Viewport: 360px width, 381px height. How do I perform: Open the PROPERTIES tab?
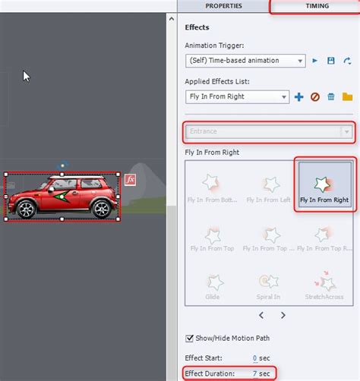(x=223, y=6)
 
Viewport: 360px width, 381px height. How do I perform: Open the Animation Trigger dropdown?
(x=245, y=60)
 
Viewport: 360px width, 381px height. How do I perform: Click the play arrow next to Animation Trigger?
(x=315, y=60)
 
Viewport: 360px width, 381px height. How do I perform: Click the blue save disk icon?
(x=331, y=60)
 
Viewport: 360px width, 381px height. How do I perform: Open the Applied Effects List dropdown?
(x=237, y=96)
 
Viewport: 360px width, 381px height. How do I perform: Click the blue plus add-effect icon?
(x=298, y=96)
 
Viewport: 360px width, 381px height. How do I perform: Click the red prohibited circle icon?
(x=314, y=96)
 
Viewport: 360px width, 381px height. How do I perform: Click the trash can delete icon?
(x=331, y=96)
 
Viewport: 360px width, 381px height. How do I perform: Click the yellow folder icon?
(x=347, y=96)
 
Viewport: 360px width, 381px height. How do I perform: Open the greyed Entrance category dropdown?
(x=270, y=131)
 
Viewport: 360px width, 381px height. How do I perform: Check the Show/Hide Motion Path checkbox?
(x=190, y=338)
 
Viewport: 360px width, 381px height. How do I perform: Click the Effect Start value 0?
(x=255, y=357)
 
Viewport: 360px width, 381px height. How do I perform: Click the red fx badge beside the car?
(x=130, y=180)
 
